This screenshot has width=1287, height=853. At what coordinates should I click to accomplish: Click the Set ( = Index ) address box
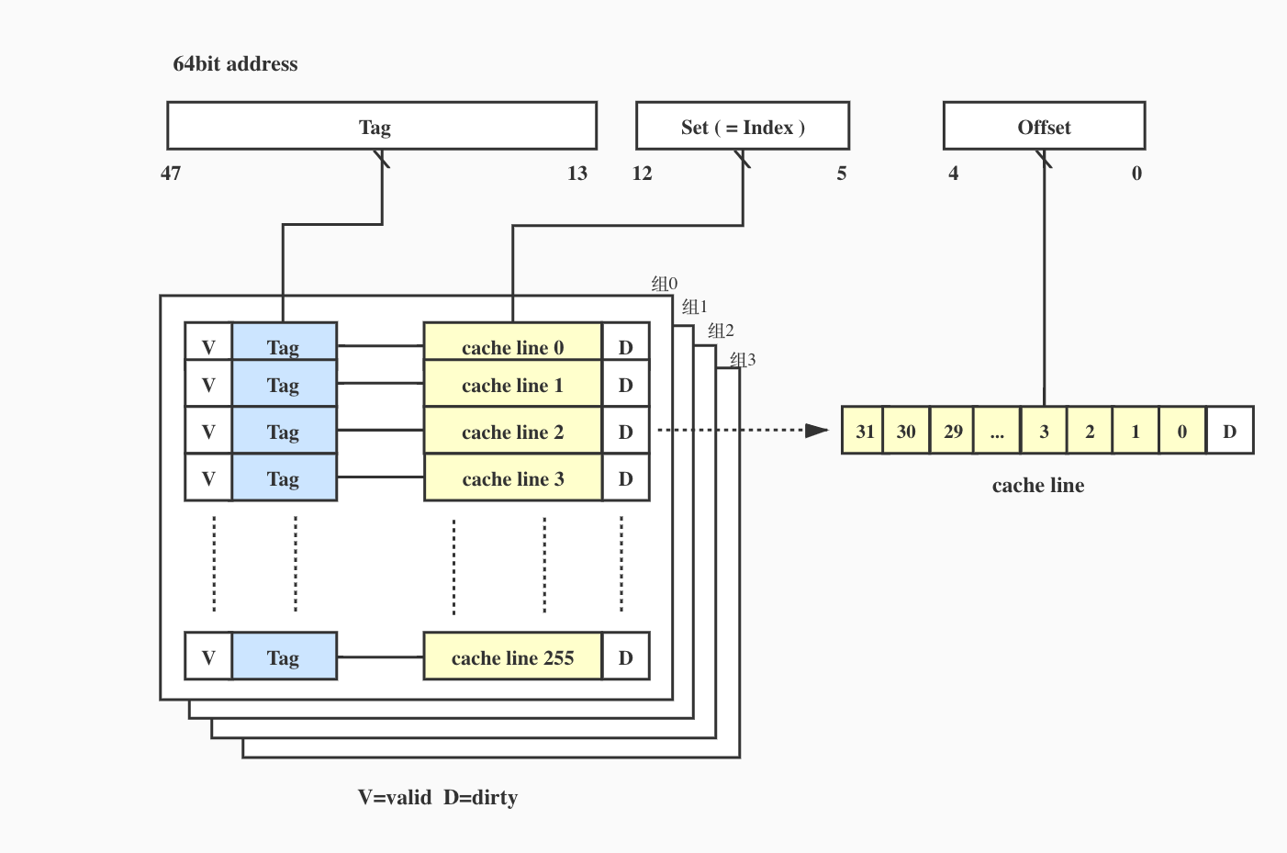pos(742,127)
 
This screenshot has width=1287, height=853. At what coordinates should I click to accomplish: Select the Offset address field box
pos(1044,127)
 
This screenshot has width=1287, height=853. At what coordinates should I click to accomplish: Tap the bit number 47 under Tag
pos(171,174)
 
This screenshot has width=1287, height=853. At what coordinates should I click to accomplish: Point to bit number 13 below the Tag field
pos(577,174)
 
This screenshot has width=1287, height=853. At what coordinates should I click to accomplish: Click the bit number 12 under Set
pos(643,174)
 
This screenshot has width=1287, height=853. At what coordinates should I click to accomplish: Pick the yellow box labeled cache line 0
pos(512,346)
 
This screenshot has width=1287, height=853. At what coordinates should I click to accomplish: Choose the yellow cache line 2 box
pos(512,432)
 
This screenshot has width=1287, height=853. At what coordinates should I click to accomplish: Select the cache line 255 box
pos(512,657)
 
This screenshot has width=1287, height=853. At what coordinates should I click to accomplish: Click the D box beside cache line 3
pos(626,478)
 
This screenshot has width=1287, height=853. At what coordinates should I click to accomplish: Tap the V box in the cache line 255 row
pos(208,657)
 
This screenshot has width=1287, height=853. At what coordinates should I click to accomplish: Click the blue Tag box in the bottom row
pos(284,657)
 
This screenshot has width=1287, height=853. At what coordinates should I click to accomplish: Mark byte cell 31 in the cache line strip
pos(864,431)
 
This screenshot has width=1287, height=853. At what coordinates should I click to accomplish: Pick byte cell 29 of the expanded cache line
pos(953,431)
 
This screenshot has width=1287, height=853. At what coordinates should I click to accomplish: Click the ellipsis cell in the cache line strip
pos(998,431)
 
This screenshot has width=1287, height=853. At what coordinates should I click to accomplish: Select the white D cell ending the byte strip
pos(1230,431)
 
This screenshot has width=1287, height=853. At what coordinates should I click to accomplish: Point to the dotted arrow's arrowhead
pos(816,430)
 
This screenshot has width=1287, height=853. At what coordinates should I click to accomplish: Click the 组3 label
pos(743,360)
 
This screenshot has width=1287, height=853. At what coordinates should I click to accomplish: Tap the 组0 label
pos(665,284)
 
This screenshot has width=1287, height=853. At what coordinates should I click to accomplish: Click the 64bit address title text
pos(235,64)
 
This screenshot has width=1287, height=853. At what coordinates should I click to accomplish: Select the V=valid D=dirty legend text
pos(438,797)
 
